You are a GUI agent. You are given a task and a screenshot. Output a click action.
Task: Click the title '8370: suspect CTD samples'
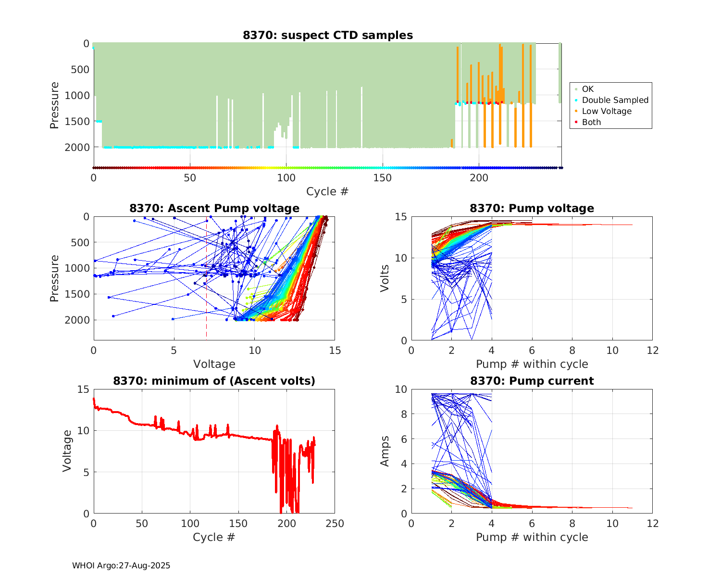[x=328, y=35]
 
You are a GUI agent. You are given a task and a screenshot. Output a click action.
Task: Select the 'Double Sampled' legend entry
[x=615, y=100]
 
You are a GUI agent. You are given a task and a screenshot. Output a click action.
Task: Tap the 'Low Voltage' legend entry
[x=607, y=111]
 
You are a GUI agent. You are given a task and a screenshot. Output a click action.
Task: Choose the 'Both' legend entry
[x=591, y=122]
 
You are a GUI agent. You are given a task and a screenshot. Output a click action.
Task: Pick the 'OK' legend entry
[x=587, y=89]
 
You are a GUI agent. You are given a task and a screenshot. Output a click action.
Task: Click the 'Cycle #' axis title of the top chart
[x=327, y=191]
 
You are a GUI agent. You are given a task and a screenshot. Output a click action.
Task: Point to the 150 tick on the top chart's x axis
[x=383, y=178]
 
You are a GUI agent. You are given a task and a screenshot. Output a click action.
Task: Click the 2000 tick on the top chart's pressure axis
[x=80, y=147]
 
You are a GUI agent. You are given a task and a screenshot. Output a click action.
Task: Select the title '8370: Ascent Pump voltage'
[x=214, y=208]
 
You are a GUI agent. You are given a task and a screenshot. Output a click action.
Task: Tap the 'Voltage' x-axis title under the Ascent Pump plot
[x=214, y=364]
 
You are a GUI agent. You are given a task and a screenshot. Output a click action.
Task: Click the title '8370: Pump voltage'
[x=532, y=208]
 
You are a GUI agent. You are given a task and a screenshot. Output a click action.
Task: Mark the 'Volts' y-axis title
[x=385, y=278]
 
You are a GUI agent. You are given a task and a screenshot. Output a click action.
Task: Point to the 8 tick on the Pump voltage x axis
[x=572, y=351]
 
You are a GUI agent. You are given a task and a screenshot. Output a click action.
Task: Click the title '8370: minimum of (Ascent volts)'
[x=214, y=381]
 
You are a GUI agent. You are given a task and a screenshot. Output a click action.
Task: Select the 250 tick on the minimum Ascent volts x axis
[x=335, y=524]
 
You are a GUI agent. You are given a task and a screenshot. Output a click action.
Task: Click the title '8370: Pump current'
[x=532, y=381]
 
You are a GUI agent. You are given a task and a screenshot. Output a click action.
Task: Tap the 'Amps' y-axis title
[x=385, y=452]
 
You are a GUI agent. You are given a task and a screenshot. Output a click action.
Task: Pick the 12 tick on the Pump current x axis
[x=652, y=524]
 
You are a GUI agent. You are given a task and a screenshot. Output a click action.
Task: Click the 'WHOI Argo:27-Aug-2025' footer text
[x=121, y=565]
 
